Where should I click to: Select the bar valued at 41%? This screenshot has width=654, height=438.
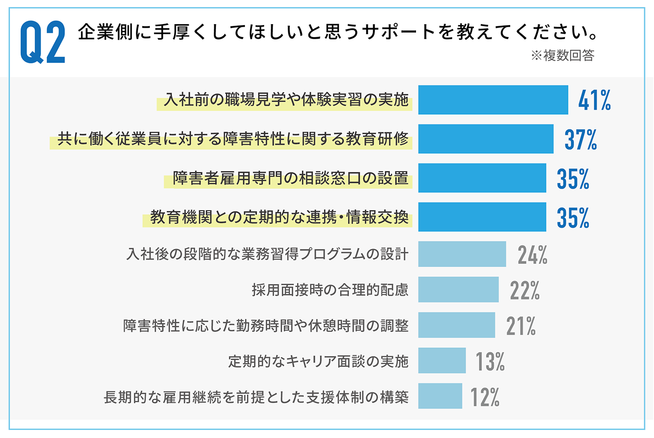point(493,100)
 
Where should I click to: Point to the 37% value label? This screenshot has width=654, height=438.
point(581,139)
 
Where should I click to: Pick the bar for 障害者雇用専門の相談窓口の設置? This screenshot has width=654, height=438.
point(482,178)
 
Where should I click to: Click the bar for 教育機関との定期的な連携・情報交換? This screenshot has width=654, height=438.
point(482,217)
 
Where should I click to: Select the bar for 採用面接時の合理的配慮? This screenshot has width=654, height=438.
point(458,290)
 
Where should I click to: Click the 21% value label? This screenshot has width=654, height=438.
point(521,326)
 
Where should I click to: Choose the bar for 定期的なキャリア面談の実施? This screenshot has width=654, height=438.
point(442,361)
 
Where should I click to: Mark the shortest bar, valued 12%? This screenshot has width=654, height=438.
point(440,396)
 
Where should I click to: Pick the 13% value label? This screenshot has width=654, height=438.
point(490,361)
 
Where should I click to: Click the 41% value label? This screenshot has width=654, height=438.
point(594,101)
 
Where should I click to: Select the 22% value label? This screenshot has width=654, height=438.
point(525,290)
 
